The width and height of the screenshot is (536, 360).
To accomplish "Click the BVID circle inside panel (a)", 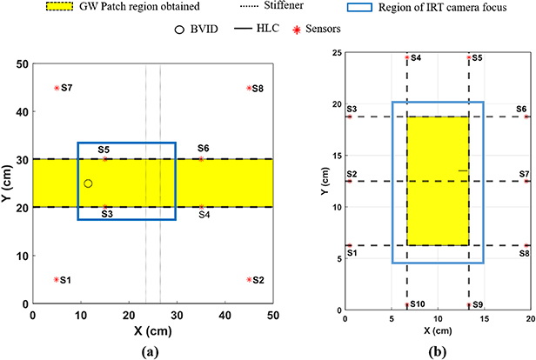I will point(89,183).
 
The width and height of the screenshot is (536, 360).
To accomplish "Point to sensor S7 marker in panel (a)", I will point(57,88).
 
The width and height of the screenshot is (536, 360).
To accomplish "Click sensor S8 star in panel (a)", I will point(249,88).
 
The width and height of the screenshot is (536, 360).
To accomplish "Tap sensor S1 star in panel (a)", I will point(57,279).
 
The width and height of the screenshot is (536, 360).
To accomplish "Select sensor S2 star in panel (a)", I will point(249,279).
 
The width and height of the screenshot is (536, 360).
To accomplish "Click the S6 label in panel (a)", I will point(204,149).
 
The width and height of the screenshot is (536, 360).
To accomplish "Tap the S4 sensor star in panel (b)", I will point(407,57).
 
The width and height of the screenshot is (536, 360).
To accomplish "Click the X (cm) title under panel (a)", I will point(152,330).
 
